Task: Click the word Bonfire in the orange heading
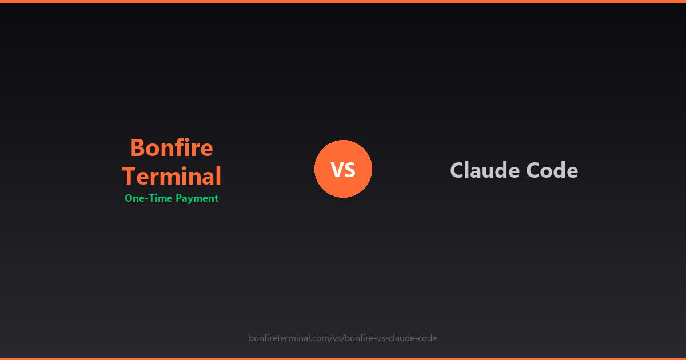(171, 148)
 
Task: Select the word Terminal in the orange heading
(171, 176)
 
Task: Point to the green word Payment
(197, 199)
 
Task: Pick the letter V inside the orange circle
(337, 170)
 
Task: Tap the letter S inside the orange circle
(350, 170)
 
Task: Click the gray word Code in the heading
(554, 170)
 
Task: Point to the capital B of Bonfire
(137, 148)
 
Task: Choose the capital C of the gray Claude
(457, 170)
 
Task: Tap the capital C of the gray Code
(536, 170)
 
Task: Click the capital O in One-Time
(129, 198)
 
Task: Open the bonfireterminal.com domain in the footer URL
(289, 338)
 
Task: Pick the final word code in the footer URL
(428, 338)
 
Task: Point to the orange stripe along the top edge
(343, 1)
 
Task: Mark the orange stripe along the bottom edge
(343, 358)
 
